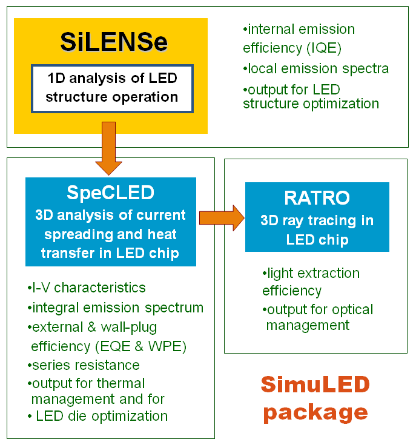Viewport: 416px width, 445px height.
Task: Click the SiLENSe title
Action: (x=114, y=42)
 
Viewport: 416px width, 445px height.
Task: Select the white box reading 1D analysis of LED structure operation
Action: (x=113, y=89)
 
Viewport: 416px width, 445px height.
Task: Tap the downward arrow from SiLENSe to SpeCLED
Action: (x=108, y=148)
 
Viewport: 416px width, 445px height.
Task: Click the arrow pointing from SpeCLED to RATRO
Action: (x=222, y=218)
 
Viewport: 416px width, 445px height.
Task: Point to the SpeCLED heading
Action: (x=110, y=193)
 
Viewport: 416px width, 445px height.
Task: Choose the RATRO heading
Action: (x=317, y=198)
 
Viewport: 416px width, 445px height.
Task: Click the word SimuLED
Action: (x=315, y=384)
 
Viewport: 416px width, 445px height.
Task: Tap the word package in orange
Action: (x=315, y=412)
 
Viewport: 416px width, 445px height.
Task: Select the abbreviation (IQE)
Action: (x=324, y=48)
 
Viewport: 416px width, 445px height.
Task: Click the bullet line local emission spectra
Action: (x=316, y=68)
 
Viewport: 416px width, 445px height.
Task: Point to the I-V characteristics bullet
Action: (x=87, y=288)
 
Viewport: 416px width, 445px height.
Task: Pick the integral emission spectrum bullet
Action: (x=116, y=308)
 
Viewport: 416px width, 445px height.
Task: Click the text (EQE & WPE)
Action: (x=140, y=346)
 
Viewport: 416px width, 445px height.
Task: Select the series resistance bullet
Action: (x=84, y=365)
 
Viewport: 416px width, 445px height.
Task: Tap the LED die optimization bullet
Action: (x=98, y=416)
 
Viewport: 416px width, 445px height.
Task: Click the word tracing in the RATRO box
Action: (x=332, y=221)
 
